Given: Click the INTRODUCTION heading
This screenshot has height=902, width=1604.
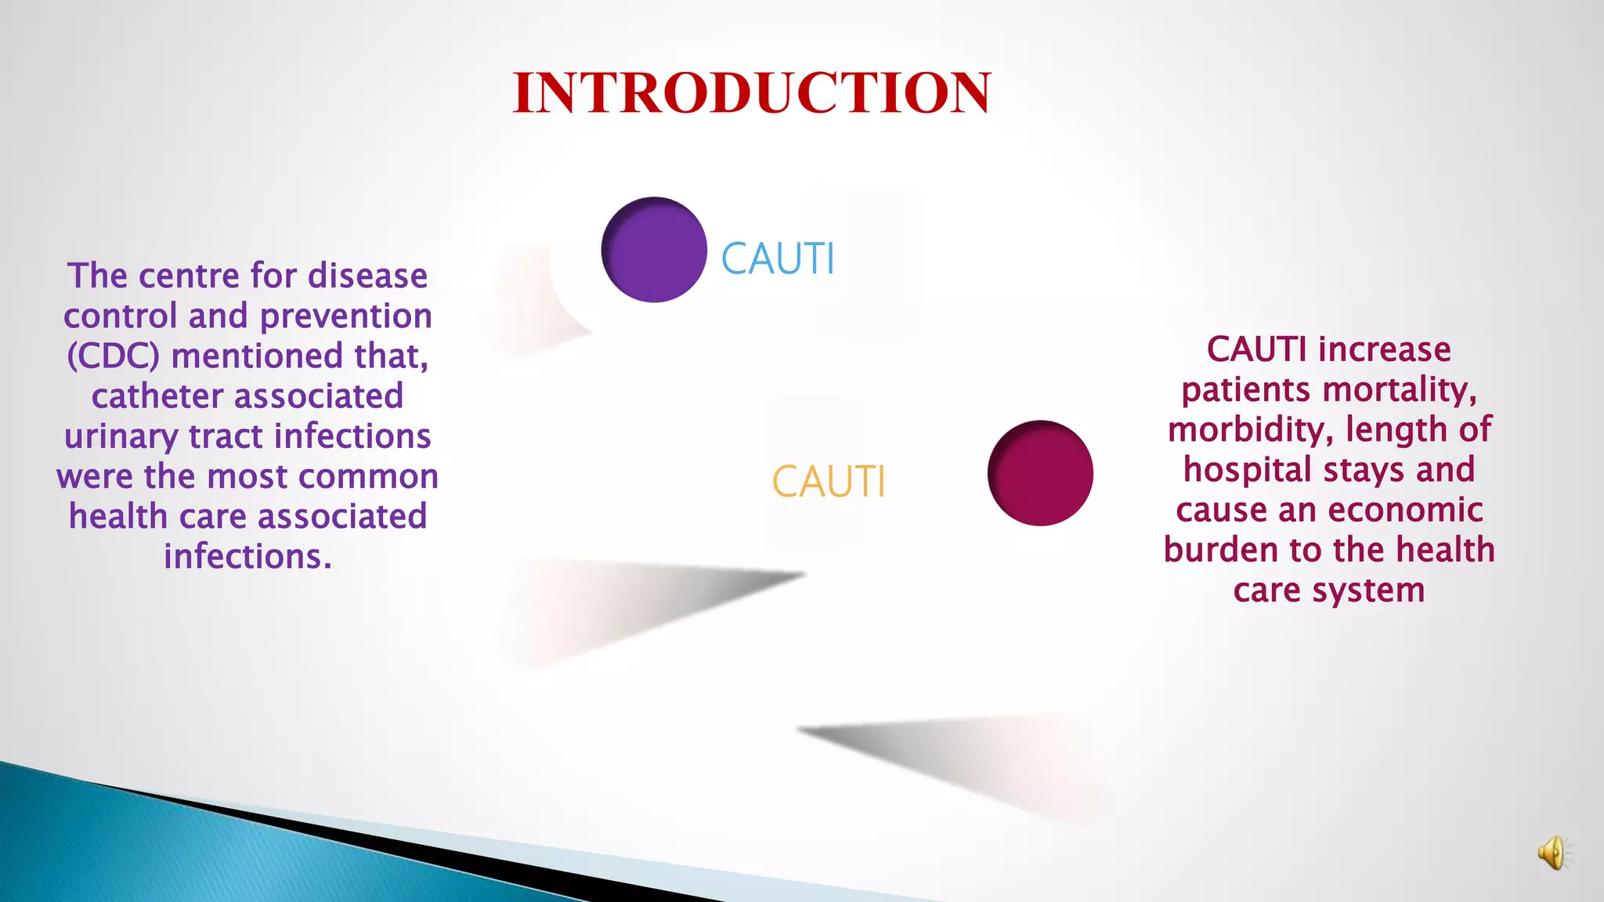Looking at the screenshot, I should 752,92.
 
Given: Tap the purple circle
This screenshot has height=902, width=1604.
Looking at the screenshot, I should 654,250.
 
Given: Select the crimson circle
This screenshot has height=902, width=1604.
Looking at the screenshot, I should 1040,473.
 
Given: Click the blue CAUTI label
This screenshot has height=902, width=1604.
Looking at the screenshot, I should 778,258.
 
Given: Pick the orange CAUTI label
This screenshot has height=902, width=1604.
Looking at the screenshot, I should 829,481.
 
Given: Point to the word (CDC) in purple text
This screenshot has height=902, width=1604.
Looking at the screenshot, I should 114,356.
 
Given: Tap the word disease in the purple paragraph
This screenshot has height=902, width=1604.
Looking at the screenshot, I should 367,276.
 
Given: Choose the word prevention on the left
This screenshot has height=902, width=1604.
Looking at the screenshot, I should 345,316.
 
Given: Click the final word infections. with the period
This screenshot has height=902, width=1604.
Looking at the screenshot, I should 247,557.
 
